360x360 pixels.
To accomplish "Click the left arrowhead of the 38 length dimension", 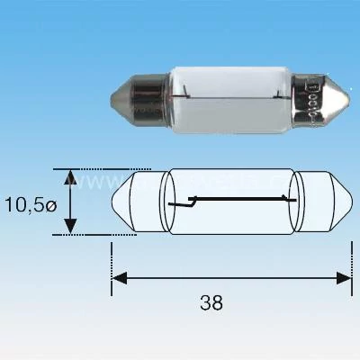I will pyautogui.click(x=118, y=278).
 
